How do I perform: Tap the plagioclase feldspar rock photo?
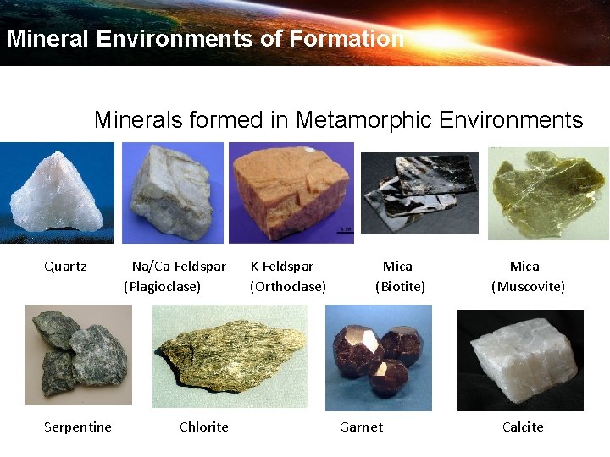[173, 194]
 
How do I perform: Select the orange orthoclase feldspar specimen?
[291, 193]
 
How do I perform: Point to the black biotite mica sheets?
[420, 191]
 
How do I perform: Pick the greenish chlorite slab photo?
[229, 357]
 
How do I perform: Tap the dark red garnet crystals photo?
[379, 355]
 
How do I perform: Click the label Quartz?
[65, 267]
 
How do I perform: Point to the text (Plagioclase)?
[163, 287]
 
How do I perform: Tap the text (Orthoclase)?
[288, 287]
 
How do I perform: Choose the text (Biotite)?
[400, 287]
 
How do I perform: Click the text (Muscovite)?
[528, 287]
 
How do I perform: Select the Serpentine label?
[78, 427]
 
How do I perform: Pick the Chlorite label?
[204, 427]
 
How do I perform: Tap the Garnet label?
[361, 427]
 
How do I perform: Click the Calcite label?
[523, 427]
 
